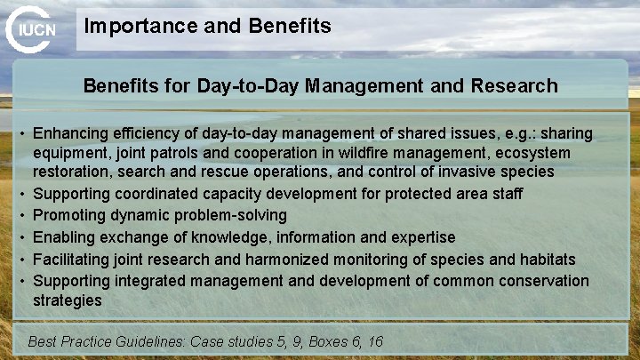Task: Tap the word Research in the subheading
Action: pyautogui.click(x=515, y=86)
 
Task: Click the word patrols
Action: pyautogui.click(x=175, y=152)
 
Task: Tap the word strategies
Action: pyautogui.click(x=67, y=300)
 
